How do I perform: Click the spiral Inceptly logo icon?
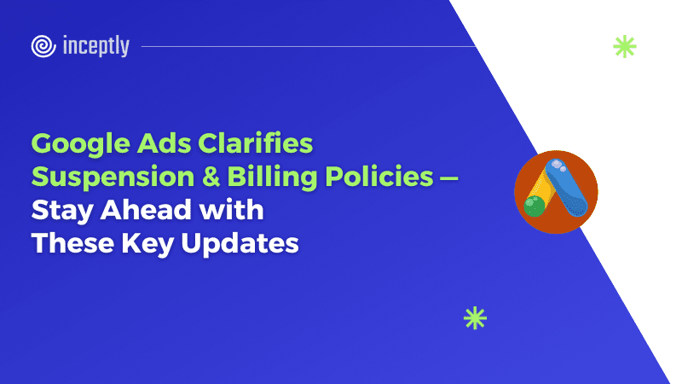43,46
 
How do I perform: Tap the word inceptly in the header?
96,46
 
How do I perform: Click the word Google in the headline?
80,144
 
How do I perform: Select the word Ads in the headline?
164,143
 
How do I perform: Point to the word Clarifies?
255,143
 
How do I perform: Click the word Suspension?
113,177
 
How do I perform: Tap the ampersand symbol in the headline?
211,177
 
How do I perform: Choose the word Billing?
272,177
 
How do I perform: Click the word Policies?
379,177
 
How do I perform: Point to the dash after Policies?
449,177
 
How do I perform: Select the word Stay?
62,211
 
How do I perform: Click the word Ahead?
146,209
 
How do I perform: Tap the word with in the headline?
231,209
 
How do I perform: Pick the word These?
72,243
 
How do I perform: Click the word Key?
147,244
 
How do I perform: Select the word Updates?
240,244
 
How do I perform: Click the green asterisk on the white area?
625,47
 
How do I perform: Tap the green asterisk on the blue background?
475,318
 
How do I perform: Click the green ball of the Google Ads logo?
535,207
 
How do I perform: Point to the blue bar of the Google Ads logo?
566,187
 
